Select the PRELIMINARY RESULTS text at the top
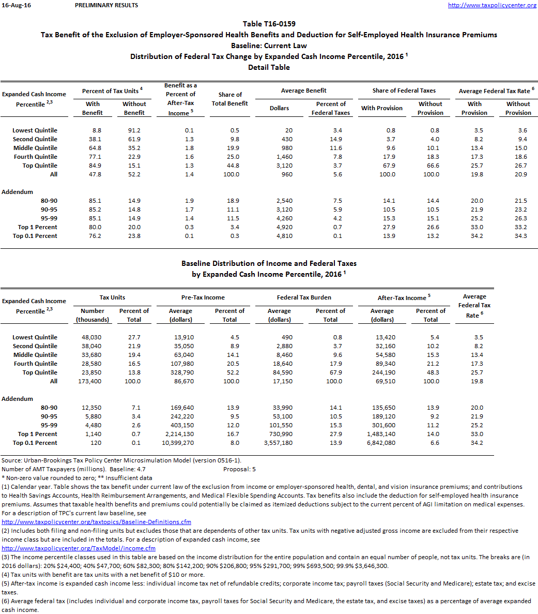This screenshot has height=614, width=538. pyautogui.click(x=106, y=5)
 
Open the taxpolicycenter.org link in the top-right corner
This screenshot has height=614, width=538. pyautogui.click(x=491, y=5)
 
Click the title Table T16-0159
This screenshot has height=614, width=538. pyautogui.click(x=269, y=24)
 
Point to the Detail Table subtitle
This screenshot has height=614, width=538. pyautogui.click(x=269, y=67)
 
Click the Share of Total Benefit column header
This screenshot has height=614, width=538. pyautogui.click(x=230, y=99)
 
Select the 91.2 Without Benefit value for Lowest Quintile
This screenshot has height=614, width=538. pyautogui.click(x=134, y=130)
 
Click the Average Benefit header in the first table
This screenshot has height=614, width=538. pyautogui.click(x=304, y=91)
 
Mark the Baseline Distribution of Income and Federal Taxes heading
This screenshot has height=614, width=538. pyautogui.click(x=269, y=263)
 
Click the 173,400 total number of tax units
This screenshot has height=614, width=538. pyautogui.click(x=91, y=381)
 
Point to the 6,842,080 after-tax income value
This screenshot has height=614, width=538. pyautogui.click(x=381, y=443)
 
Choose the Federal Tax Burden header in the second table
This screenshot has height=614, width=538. pyautogui.click(x=304, y=297)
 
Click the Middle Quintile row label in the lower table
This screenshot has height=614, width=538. pyautogui.click(x=35, y=355)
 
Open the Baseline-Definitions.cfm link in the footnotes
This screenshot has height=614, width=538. pyautogui.click(x=97, y=522)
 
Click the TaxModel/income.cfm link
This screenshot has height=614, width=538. pyautogui.click(x=79, y=548)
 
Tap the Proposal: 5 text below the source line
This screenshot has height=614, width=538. pyautogui.click(x=239, y=469)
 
